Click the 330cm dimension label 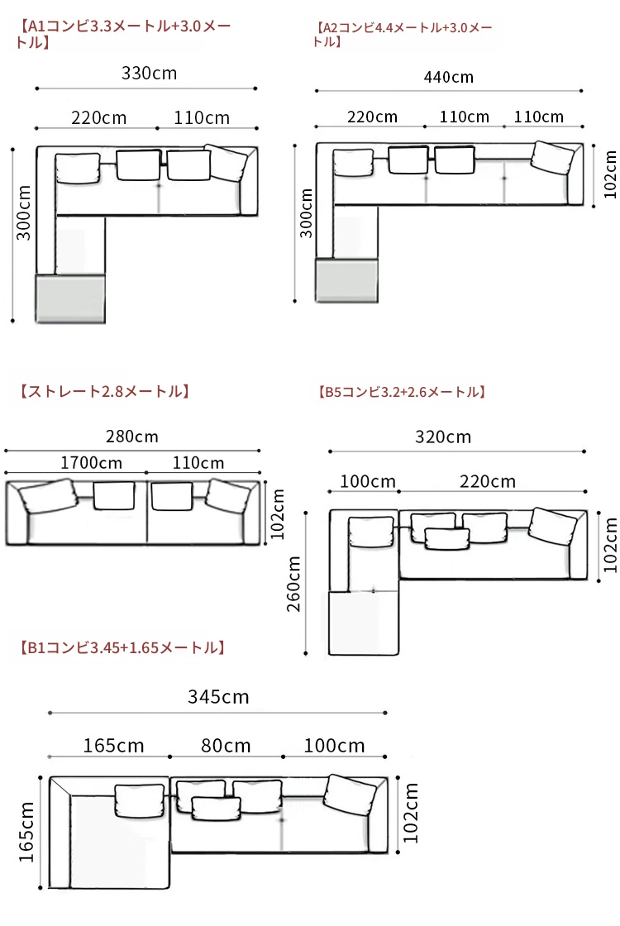pos(150,74)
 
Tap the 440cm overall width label pos(449,78)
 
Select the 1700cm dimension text pos(92,462)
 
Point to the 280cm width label pos(132,437)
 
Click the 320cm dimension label pos(443,437)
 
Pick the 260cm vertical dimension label pos(293,584)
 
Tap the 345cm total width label pos(218,697)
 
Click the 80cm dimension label pos(227,745)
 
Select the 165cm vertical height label pos(26,832)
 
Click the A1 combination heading pos(123,34)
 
